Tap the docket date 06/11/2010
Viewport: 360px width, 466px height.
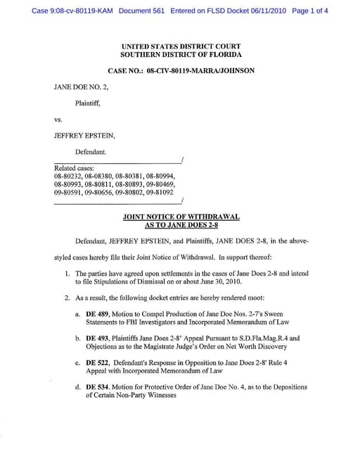click(264, 11)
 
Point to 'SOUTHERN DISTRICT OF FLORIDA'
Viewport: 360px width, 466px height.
click(181, 54)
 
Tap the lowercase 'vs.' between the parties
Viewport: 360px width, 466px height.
click(58, 119)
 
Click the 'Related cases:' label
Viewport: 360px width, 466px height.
click(74, 168)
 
